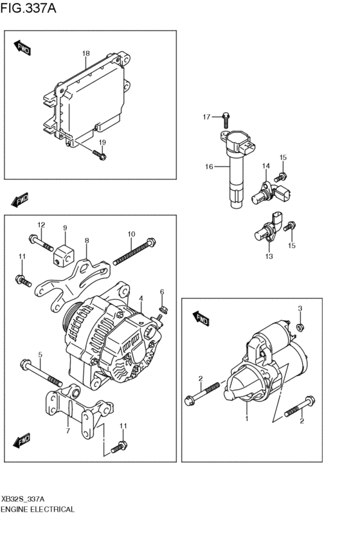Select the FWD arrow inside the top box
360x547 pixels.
click(x=22, y=48)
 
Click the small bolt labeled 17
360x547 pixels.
click(x=226, y=118)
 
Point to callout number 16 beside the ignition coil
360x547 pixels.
click(x=208, y=167)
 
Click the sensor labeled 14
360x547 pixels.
click(x=265, y=190)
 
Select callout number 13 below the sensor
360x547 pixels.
click(x=269, y=256)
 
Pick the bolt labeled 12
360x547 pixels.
click(x=40, y=244)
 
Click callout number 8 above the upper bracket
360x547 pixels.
click(x=87, y=240)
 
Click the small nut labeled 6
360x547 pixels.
click(x=162, y=308)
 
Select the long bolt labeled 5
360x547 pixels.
click(x=40, y=372)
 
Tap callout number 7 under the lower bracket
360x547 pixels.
click(x=67, y=431)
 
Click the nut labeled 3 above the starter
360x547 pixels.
click(x=300, y=327)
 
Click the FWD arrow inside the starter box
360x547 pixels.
click(x=201, y=319)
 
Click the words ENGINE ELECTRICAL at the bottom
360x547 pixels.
click(x=38, y=509)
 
